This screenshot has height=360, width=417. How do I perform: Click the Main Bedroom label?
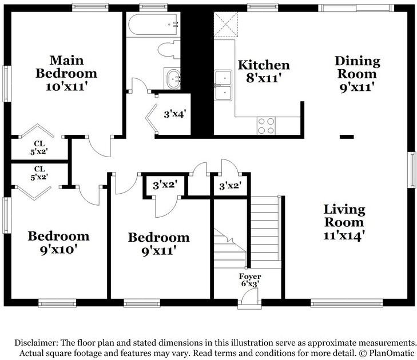66,73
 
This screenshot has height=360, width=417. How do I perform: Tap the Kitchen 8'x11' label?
264,71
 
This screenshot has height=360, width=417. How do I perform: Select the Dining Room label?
357,74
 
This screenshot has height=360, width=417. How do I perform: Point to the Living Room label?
344,222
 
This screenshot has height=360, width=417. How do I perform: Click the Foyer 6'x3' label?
250,280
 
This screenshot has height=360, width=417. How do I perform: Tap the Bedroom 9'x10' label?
59,242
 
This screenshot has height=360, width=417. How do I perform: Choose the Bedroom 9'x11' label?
158,243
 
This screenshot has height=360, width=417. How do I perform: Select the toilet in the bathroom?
169,50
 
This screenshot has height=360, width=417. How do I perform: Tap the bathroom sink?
172,78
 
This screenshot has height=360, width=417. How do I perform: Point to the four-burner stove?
265,125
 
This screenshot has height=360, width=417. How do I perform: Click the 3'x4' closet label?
175,114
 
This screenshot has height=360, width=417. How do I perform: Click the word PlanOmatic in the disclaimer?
390,353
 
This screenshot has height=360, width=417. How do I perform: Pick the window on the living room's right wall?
411,170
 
